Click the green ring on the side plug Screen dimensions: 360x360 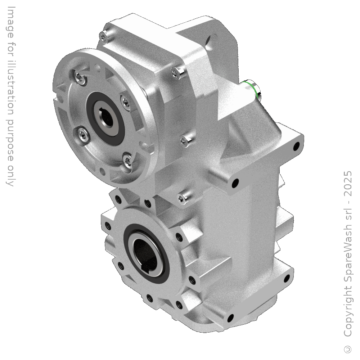point(252,87)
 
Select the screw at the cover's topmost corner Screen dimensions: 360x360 point(104,35)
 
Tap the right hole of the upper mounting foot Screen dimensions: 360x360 point(297,146)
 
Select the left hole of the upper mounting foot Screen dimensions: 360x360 point(236,183)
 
